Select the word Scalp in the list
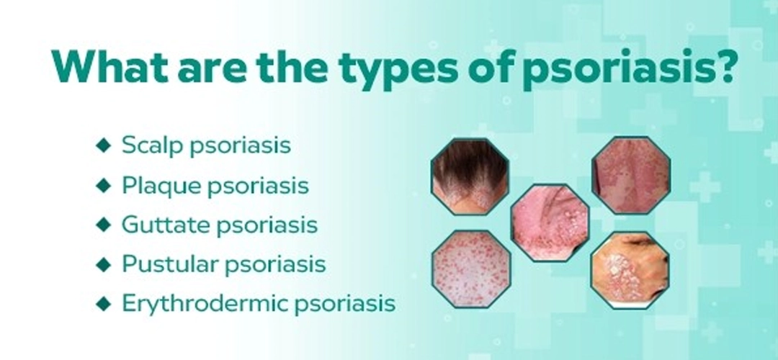click(153, 146)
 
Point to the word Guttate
click(166, 225)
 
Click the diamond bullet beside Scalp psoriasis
click(103, 145)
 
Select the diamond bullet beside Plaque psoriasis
click(103, 186)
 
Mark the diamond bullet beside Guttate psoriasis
click(103, 225)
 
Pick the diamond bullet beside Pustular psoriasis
click(103, 264)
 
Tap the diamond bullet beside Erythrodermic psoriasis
click(103, 303)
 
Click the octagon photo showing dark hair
click(470, 176)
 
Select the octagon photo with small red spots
click(471, 269)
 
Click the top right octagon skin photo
click(631, 176)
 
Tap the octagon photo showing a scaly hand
click(630, 270)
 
